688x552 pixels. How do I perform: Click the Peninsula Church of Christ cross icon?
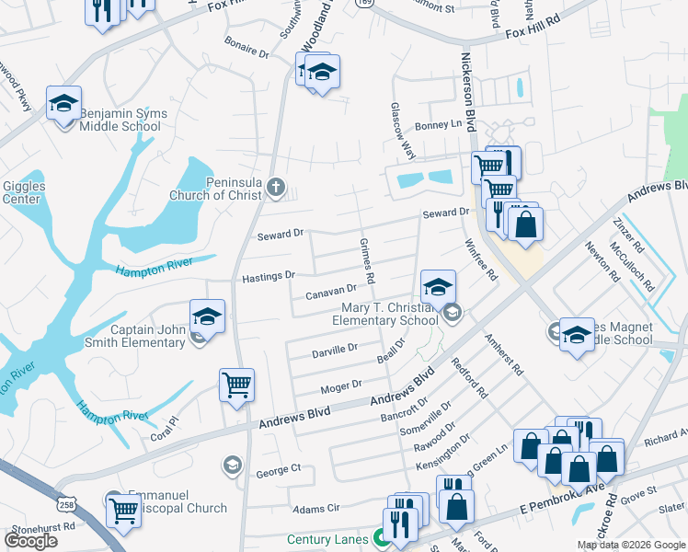click(275, 190)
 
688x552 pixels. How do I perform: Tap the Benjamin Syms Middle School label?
click(123, 121)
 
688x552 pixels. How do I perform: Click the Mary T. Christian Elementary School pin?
click(439, 286)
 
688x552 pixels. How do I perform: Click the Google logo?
click(31, 541)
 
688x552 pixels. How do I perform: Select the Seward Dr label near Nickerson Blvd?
click(445, 213)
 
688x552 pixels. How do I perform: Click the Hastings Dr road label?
click(268, 276)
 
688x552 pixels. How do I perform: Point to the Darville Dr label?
click(335, 350)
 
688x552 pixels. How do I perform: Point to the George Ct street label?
click(279, 469)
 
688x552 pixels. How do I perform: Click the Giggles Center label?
click(22, 192)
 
